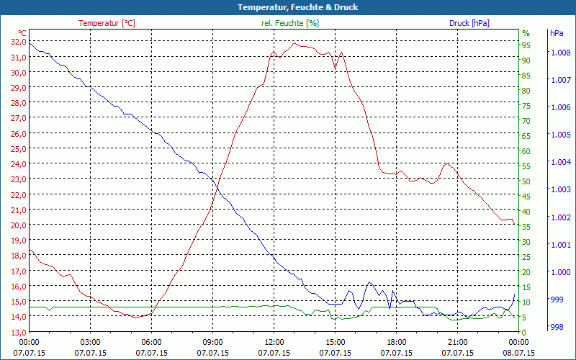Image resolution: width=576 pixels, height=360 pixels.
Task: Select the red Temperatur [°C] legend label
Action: coord(107,23)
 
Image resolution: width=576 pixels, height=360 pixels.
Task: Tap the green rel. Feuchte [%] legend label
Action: coord(290,23)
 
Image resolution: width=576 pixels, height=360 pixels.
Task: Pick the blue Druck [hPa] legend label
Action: coord(469,23)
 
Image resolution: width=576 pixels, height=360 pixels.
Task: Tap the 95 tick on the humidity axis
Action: coord(526,45)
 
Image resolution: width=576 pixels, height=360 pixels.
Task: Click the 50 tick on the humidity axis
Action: coord(526,181)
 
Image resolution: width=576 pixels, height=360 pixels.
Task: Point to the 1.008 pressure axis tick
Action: coord(560,53)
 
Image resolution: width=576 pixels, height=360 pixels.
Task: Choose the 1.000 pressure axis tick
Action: coord(560,271)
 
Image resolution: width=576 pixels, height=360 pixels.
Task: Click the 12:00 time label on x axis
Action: coord(274,342)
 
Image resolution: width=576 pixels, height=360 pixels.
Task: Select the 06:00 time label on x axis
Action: coord(152,342)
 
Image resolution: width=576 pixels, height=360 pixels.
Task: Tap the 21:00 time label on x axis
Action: coord(458,342)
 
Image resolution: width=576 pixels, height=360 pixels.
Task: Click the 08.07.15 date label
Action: coord(519,353)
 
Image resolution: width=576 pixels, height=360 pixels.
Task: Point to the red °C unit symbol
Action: coord(22,33)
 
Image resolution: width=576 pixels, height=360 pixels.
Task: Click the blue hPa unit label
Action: coord(557,33)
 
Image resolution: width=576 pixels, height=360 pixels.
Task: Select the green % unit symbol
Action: coord(526,33)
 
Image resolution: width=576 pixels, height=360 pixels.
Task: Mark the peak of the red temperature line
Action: coord(294,43)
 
